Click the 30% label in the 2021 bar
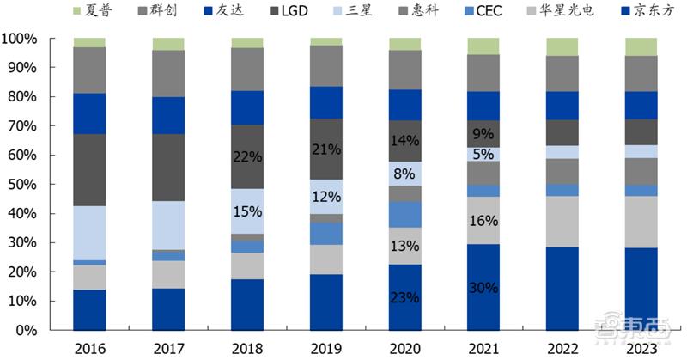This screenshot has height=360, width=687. coord(483,288)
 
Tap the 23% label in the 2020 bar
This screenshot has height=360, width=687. coord(404,298)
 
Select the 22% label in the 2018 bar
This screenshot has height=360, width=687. coord(247,156)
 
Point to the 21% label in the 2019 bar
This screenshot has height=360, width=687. coord(325,149)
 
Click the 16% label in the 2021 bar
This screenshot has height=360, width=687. coord(483,221)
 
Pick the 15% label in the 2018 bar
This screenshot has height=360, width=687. coord(247,211)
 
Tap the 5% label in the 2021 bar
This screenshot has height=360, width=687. coord(483,155)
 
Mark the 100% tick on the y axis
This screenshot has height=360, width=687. coord(19,40)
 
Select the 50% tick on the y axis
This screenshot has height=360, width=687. coord(22,185)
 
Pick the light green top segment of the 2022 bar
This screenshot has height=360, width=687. coord(562,46)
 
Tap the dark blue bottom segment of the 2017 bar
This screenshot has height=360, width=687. coord(168,309)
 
